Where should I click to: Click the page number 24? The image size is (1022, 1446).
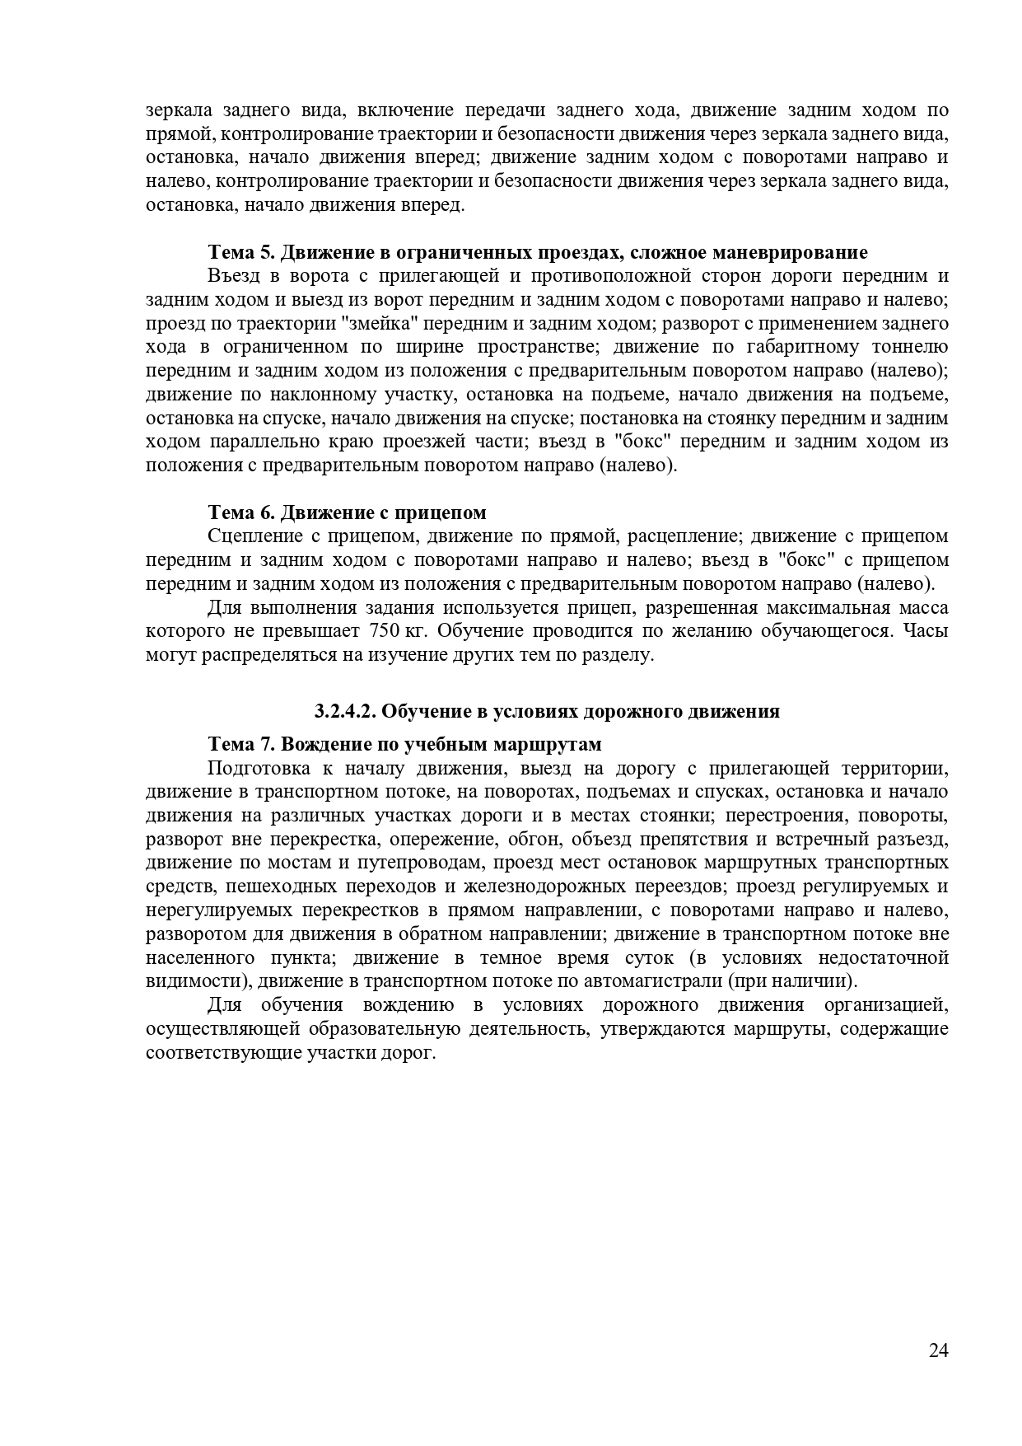pos(938,1373)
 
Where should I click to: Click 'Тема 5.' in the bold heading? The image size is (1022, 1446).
pos(240,252)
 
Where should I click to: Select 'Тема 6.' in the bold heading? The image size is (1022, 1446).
pos(240,512)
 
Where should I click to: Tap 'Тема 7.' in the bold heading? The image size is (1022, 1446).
pos(241,744)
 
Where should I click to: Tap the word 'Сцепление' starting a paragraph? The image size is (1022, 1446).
pos(251,536)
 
